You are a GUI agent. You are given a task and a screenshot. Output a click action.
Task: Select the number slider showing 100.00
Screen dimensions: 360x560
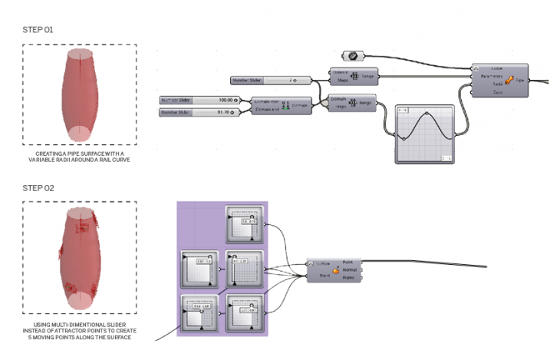pos(199,100)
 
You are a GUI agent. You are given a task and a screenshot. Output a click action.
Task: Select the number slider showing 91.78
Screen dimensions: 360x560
pos(199,112)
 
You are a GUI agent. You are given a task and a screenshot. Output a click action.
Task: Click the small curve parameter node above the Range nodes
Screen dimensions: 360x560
pos(355,56)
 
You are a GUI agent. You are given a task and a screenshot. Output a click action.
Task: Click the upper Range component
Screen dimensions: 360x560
pos(354,77)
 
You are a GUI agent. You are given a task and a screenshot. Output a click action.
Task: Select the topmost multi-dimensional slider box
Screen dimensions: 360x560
pos(245,225)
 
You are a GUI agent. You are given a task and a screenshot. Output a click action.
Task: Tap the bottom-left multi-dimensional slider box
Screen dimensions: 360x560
pos(198,315)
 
